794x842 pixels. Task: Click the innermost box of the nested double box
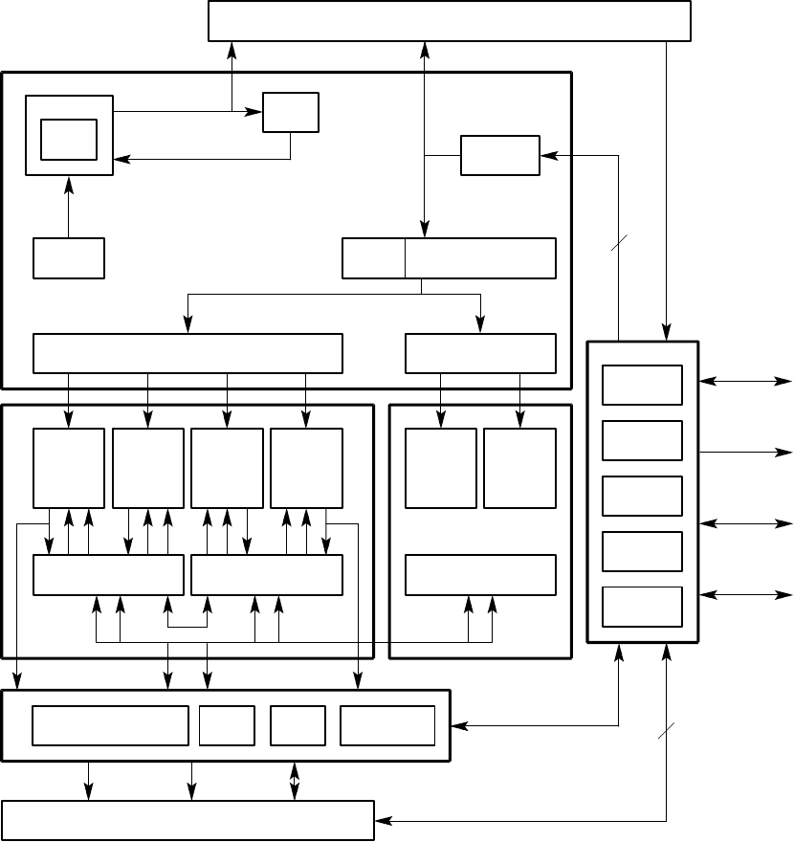pyautogui.click(x=69, y=140)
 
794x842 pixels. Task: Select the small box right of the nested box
pyautogui.click(x=291, y=112)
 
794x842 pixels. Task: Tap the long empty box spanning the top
pyautogui.click(x=450, y=21)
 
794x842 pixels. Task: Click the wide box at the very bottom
pyautogui.click(x=187, y=821)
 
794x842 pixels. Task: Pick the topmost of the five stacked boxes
pyautogui.click(x=642, y=385)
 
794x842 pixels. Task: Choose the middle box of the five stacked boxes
pyautogui.click(x=642, y=496)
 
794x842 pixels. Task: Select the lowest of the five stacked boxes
pyautogui.click(x=642, y=606)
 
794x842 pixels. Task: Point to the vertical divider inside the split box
pyautogui.click(x=405, y=258)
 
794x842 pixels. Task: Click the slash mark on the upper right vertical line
pyautogui.click(x=617, y=245)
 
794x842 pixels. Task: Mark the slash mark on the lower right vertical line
pyautogui.click(x=666, y=732)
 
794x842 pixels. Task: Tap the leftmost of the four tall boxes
pyautogui.click(x=69, y=468)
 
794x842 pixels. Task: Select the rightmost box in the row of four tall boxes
pyautogui.click(x=306, y=468)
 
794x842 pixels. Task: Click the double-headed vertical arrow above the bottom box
pyautogui.click(x=295, y=781)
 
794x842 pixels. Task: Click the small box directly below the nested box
pyautogui.click(x=69, y=258)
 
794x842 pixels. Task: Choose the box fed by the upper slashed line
pyautogui.click(x=499, y=155)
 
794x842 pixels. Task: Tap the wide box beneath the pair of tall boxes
pyautogui.click(x=480, y=574)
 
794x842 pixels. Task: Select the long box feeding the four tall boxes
pyautogui.click(x=187, y=353)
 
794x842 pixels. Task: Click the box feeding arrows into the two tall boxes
pyautogui.click(x=480, y=353)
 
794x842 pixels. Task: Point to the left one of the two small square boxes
pyautogui.click(x=227, y=725)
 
